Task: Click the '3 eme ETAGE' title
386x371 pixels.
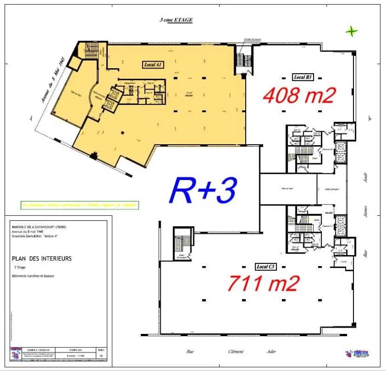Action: point(176,20)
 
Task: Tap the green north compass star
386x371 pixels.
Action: point(352,32)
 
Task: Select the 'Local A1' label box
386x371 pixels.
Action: point(153,65)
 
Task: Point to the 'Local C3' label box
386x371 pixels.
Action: point(266,267)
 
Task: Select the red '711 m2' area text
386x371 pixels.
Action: point(263,283)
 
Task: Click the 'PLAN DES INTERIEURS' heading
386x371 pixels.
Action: point(42,258)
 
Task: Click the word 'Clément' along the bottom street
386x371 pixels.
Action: point(236,352)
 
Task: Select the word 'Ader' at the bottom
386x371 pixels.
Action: point(271,352)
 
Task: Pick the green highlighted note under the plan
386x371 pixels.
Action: point(79,204)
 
